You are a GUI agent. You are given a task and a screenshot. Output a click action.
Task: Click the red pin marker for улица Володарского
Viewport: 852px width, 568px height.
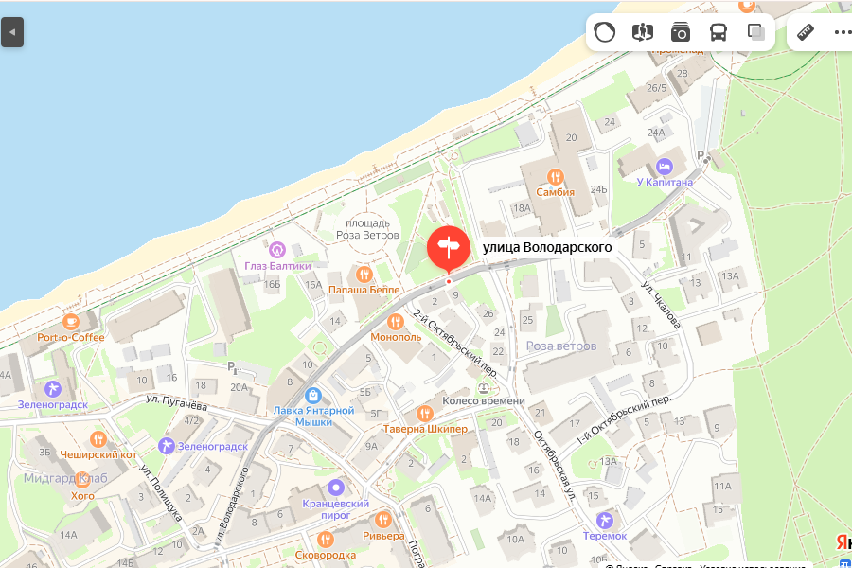[448, 247]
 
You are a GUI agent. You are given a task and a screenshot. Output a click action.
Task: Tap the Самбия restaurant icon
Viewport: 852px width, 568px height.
[555, 176]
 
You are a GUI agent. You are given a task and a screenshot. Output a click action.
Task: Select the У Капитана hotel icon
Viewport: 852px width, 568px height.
[665, 166]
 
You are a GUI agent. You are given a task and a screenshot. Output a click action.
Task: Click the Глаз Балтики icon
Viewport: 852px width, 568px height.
[276, 250]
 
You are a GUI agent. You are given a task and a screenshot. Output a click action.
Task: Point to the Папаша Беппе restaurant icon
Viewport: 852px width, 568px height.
[364, 274]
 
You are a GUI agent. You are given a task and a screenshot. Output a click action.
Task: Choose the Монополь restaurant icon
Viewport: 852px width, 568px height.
[396, 322]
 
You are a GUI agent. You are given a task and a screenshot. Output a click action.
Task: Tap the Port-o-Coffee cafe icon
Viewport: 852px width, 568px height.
[71, 321]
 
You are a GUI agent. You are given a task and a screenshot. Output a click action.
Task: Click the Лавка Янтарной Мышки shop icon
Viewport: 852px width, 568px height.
[313, 395]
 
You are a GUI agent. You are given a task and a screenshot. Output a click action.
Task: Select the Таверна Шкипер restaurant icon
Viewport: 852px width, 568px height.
[425, 414]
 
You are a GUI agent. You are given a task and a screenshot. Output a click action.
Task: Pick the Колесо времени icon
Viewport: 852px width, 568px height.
[484, 387]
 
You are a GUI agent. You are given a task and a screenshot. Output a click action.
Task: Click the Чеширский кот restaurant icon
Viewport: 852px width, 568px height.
[98, 438]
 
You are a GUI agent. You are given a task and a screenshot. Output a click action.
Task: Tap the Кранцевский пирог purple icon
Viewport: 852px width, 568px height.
[335, 488]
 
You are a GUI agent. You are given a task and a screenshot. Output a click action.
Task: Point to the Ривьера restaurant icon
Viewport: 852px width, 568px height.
[383, 520]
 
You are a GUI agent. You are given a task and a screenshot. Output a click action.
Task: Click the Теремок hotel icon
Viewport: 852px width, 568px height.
[606, 520]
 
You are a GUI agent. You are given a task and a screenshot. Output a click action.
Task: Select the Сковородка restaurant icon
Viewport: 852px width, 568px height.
[326, 539]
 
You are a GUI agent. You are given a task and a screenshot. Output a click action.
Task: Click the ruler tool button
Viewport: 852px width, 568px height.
[806, 32]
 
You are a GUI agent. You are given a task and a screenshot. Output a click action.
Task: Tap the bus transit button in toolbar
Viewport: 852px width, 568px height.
[719, 32]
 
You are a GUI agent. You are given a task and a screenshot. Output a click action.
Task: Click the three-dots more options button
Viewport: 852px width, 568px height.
[843, 32]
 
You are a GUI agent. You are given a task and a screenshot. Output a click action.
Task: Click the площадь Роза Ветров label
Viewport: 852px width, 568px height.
[367, 228]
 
